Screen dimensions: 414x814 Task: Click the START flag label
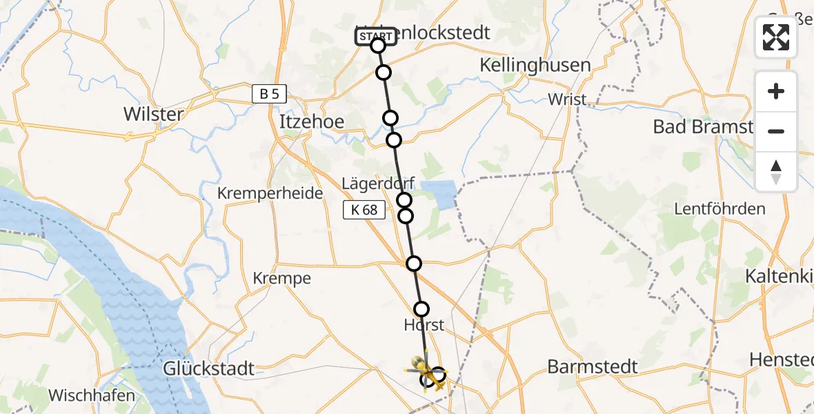pos(376,36)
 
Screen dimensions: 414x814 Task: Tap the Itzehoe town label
pos(311,121)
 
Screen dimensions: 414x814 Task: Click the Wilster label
pos(152,114)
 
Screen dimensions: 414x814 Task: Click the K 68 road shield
pos(364,210)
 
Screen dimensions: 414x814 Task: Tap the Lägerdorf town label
pos(378,184)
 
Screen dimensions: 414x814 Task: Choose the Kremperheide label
pos(270,193)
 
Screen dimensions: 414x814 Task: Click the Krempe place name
pos(282,279)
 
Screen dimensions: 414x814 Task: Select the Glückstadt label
pos(208,368)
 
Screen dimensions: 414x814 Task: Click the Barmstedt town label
pos(593,366)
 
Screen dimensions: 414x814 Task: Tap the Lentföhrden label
pos(719,209)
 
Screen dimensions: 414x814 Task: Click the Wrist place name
pos(567,99)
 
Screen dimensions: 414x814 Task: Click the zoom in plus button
pos(776,91)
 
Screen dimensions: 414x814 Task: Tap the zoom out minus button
pos(776,131)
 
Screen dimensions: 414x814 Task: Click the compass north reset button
pos(776,171)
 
